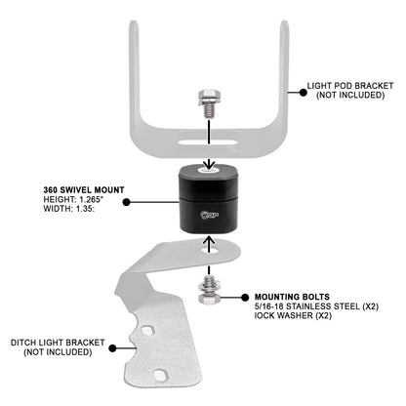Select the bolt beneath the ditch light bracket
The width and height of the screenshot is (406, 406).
[x=210, y=292]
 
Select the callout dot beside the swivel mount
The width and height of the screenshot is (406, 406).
[x=131, y=203]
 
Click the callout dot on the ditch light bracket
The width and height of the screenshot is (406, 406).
[x=113, y=345]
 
